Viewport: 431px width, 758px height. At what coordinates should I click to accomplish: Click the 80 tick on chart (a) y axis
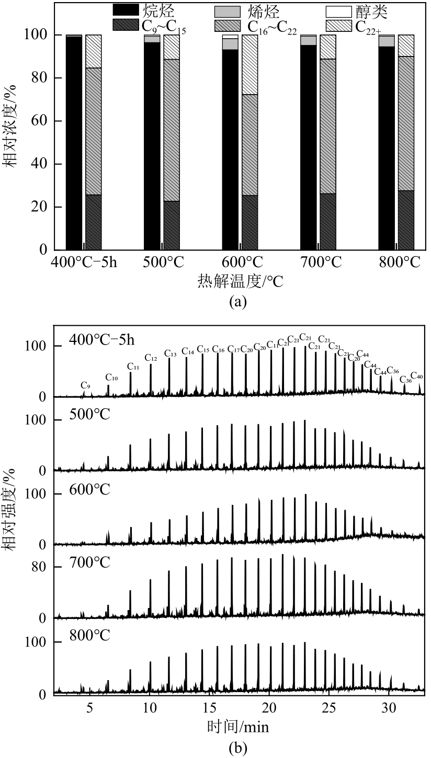coord(39,78)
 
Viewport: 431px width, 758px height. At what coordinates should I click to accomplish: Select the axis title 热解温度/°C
coord(240,282)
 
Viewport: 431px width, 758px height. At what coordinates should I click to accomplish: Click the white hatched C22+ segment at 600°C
coord(250,65)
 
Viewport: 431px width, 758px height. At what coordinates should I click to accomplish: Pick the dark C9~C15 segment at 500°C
coord(172,225)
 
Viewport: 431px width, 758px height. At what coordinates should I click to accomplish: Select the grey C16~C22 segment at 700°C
coord(328,126)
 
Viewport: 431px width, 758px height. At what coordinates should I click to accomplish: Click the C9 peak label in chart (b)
coord(85,385)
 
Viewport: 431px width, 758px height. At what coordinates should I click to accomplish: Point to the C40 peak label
coord(417,376)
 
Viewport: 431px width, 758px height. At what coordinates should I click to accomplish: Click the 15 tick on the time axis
coord(209,708)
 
